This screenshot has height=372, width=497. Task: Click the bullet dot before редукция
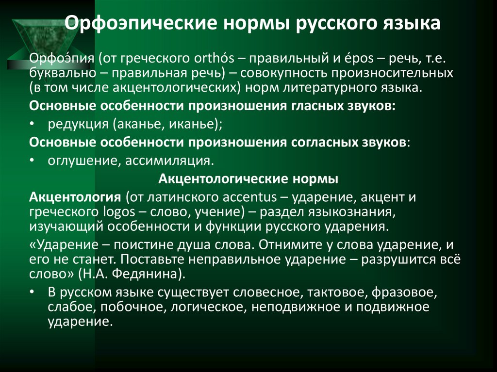32,125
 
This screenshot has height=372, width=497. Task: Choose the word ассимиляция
168,160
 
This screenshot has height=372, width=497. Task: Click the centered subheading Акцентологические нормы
248,178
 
